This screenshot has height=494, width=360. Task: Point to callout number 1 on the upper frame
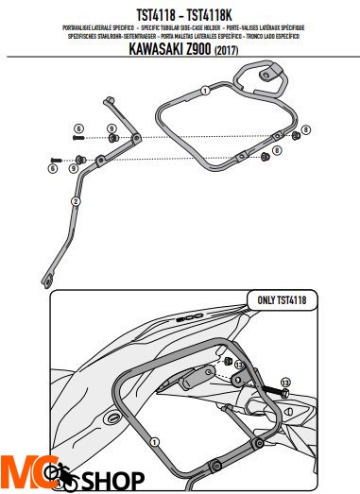(x=204, y=92)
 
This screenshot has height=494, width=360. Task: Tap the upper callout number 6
(x=80, y=128)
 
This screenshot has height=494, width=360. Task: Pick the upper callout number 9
(x=111, y=128)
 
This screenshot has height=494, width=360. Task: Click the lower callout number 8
(x=276, y=149)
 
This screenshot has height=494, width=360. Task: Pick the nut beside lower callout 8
(x=260, y=156)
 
